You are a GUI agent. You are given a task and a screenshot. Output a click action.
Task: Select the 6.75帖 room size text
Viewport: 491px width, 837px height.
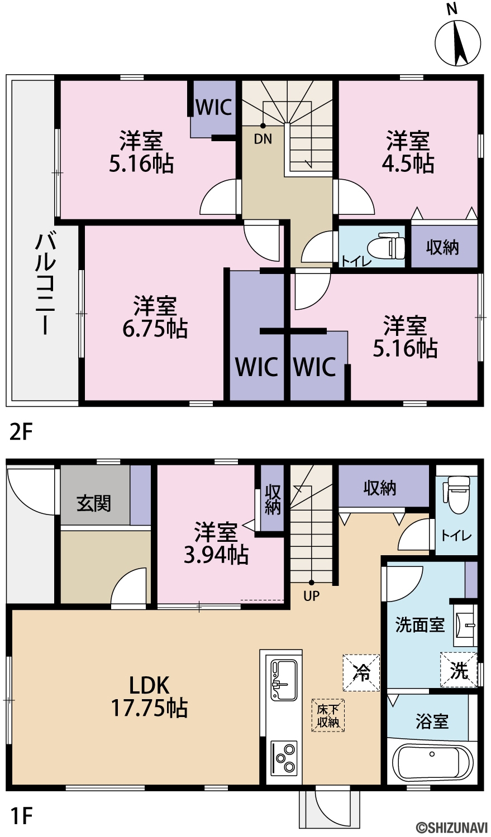click(x=155, y=329)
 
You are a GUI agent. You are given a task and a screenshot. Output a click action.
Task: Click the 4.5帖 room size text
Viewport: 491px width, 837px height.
click(x=408, y=163)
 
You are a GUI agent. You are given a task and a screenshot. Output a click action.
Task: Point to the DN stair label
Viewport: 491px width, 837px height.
click(x=263, y=139)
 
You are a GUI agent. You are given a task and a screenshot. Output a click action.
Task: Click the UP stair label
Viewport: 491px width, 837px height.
click(x=311, y=595)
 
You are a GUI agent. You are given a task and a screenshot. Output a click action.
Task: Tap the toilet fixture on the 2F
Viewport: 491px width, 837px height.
click(x=387, y=247)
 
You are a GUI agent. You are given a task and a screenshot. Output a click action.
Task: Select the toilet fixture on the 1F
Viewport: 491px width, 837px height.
click(x=456, y=494)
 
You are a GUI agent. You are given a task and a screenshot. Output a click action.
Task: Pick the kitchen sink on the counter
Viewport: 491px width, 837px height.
click(x=284, y=681)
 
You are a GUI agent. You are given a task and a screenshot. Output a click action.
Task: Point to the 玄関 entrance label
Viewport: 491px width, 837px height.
click(x=94, y=503)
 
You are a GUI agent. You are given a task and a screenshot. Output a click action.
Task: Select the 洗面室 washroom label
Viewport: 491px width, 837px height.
click(x=420, y=624)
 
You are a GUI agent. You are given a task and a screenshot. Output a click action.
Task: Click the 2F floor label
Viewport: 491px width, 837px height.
click(x=21, y=432)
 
